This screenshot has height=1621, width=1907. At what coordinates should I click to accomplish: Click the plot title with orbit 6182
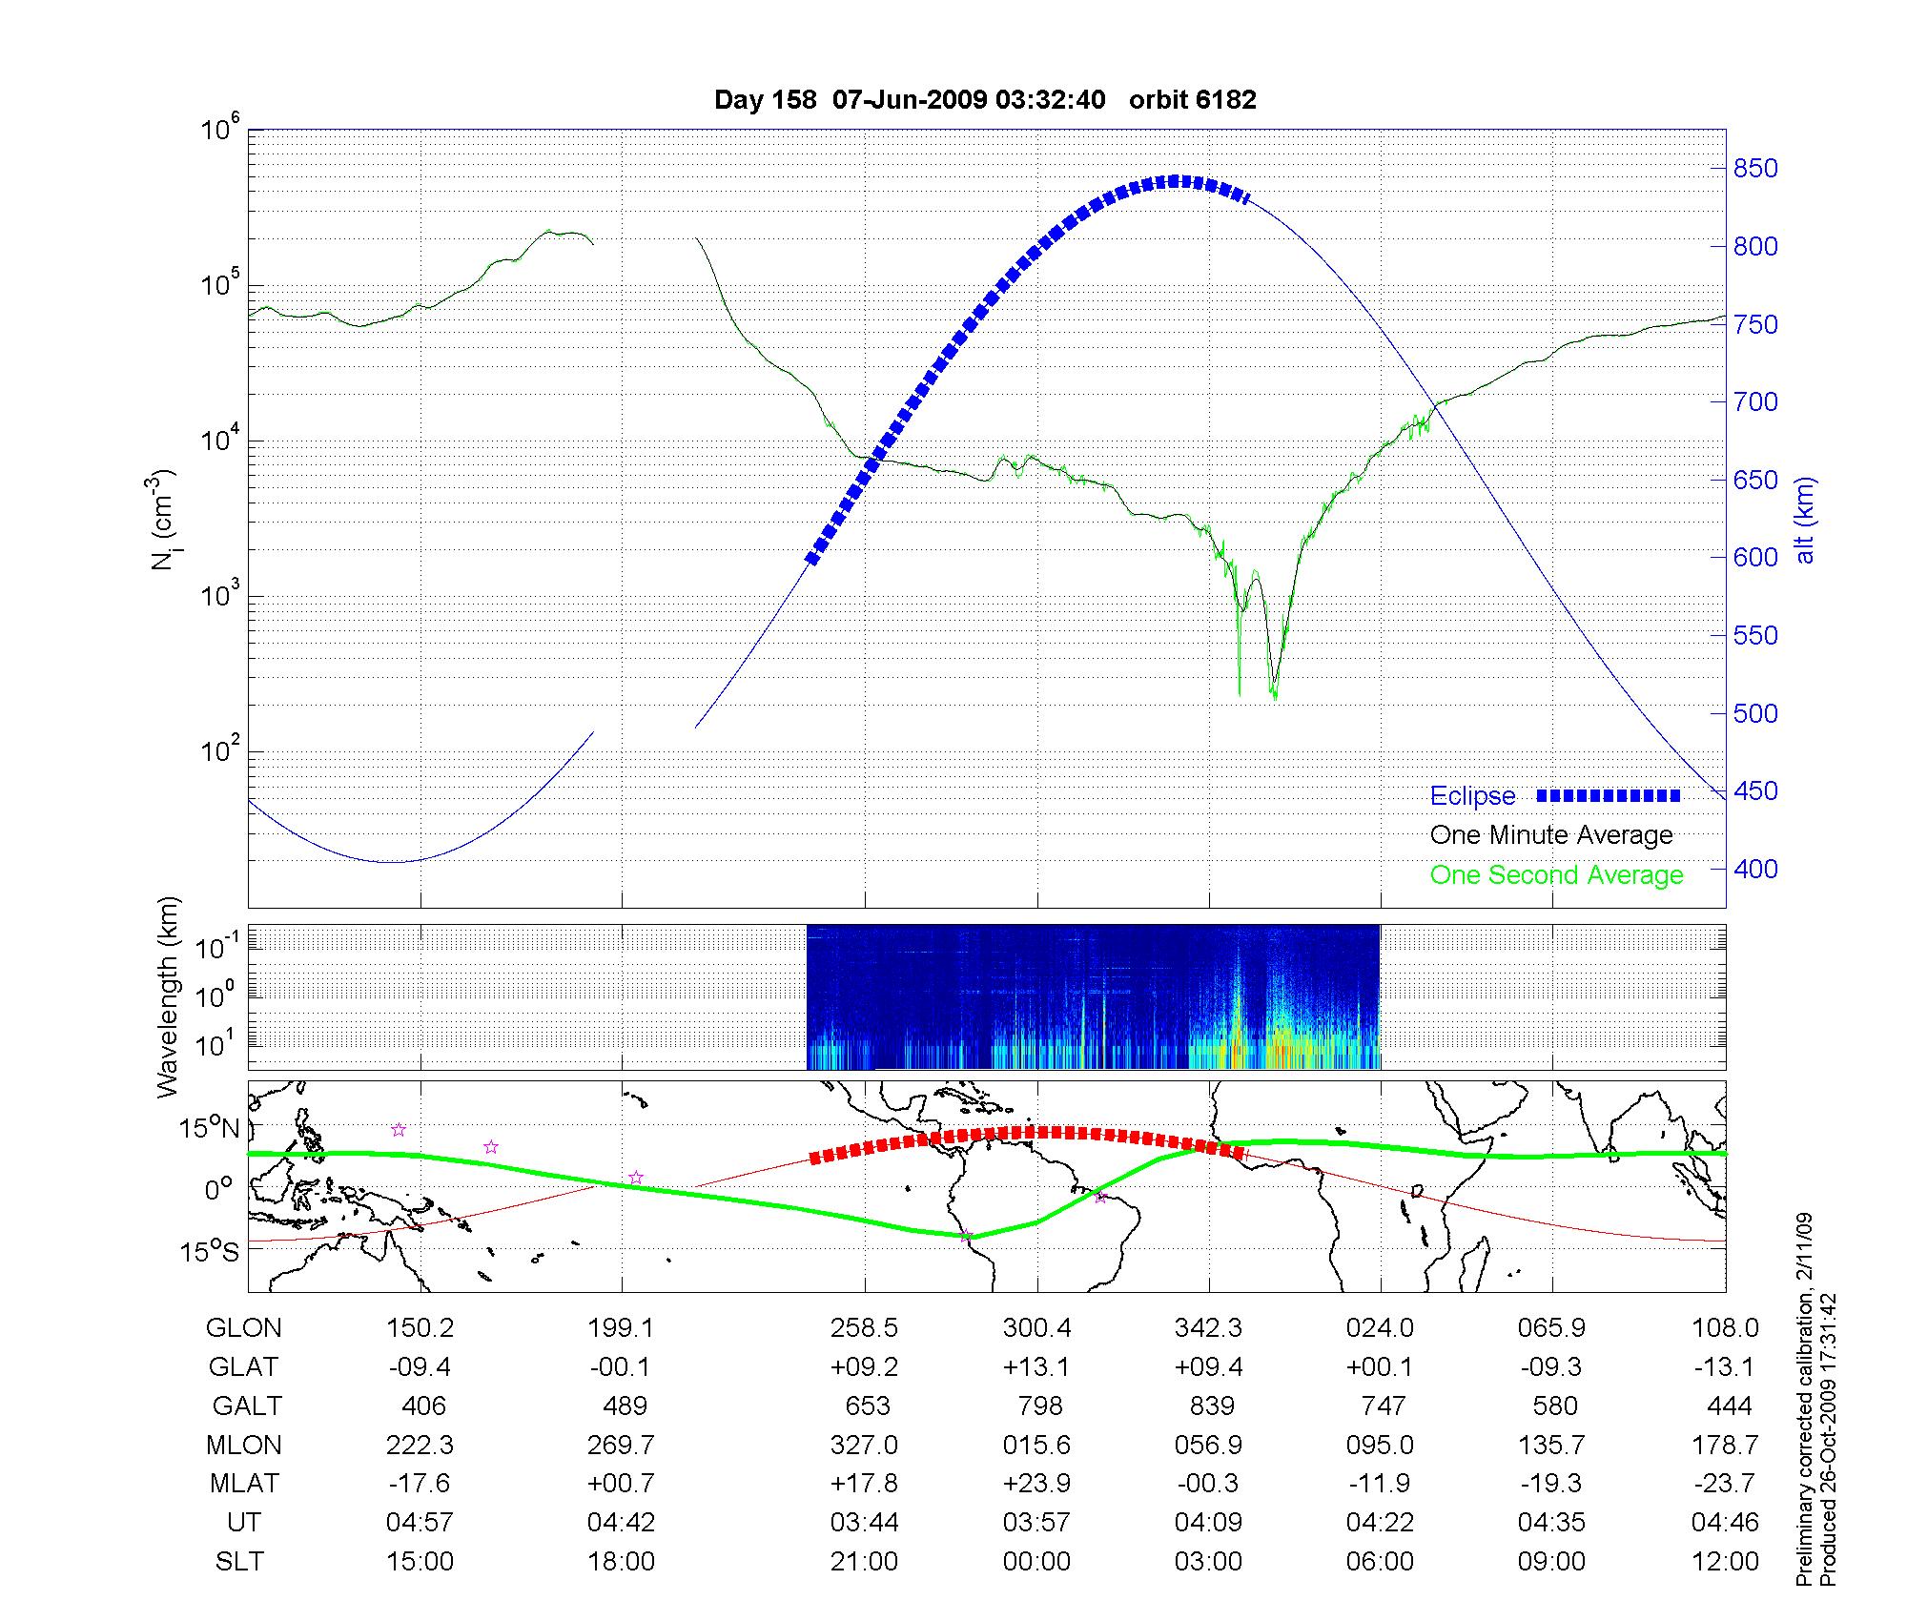pyautogui.click(x=985, y=100)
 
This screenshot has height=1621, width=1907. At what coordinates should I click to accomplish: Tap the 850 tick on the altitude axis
pyautogui.click(x=1754, y=169)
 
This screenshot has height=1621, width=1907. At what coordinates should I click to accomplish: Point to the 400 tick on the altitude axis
pyautogui.click(x=1754, y=869)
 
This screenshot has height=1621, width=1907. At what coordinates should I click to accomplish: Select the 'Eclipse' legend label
pyautogui.click(x=1472, y=796)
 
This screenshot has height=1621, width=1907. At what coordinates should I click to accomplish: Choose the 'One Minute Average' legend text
pyautogui.click(x=1551, y=835)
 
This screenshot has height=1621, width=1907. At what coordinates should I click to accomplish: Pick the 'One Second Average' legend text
pyautogui.click(x=1556, y=875)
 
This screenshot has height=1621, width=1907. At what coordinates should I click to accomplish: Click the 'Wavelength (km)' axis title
pyautogui.click(x=169, y=996)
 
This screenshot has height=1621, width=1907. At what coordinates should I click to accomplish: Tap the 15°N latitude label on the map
pyautogui.click(x=212, y=1129)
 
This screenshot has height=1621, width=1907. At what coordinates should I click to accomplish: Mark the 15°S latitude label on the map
pyautogui.click(x=212, y=1251)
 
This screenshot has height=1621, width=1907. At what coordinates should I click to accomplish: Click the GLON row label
pyautogui.click(x=244, y=1328)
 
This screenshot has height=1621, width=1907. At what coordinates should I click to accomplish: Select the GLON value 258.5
pyautogui.click(x=865, y=1328)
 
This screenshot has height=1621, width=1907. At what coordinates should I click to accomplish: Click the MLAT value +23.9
pyautogui.click(x=1036, y=1484)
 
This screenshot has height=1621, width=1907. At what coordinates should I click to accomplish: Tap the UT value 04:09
pyautogui.click(x=1208, y=1523)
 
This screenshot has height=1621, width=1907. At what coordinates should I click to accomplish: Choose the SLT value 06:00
pyautogui.click(x=1380, y=1562)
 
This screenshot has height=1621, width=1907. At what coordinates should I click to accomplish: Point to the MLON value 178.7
pyautogui.click(x=1724, y=1446)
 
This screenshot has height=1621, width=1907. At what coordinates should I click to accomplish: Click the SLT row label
pyautogui.click(x=239, y=1562)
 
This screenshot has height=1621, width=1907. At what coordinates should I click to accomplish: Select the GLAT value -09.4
pyautogui.click(x=420, y=1367)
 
